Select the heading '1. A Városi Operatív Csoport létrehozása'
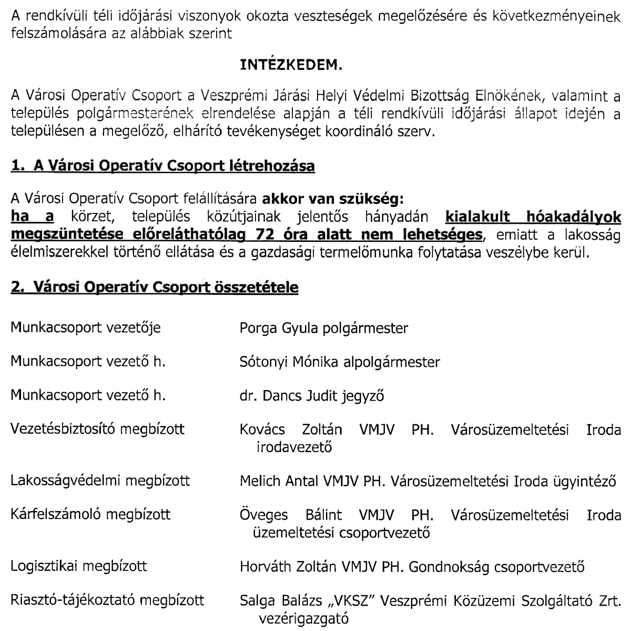pyautogui.click(x=163, y=167)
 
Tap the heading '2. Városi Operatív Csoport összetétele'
pyautogui.click(x=155, y=288)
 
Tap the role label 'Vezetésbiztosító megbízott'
pyautogui.click(x=98, y=429)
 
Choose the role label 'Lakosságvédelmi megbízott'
pyautogui.click(x=100, y=481)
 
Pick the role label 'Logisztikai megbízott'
pyautogui.click(x=79, y=566)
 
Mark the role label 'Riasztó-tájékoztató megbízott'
pyautogui.click(x=108, y=600)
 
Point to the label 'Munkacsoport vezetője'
pyautogui.click(x=86, y=328)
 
